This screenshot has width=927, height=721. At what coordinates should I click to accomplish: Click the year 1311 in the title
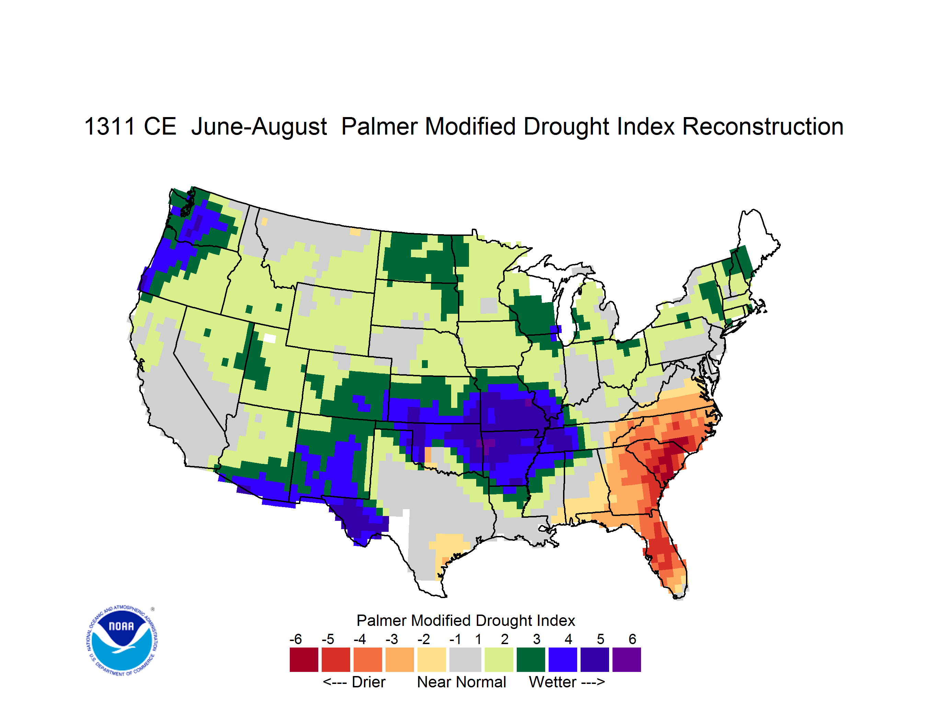110,126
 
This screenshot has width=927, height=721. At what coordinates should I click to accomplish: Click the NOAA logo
122,641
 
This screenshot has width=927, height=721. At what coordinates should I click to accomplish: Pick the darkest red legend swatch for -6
304,660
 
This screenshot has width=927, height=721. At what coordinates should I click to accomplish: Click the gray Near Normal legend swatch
465,660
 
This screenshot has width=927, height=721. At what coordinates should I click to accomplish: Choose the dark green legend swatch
530,660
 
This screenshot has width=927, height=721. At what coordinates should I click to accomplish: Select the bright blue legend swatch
563,660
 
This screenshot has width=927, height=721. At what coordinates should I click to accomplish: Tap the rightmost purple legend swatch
627,660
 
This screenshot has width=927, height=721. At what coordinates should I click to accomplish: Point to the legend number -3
391,639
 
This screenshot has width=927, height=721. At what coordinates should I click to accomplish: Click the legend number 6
632,639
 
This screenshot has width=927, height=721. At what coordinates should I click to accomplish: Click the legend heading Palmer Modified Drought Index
466,620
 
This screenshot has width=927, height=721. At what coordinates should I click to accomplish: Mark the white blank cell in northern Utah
270,338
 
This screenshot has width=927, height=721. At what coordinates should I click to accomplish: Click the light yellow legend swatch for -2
432,660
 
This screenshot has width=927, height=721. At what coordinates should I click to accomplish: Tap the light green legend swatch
499,660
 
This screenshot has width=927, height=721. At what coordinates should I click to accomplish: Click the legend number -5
328,639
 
